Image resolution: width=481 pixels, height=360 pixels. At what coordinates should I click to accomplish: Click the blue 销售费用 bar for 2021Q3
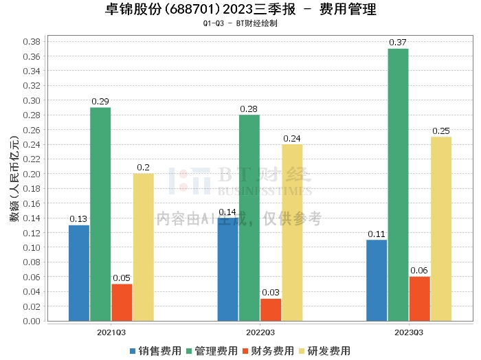click(x=79, y=273)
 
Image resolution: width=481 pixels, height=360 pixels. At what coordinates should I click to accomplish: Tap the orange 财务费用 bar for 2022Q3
click(x=270, y=309)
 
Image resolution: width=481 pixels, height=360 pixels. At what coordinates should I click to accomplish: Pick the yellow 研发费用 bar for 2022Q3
click(x=292, y=232)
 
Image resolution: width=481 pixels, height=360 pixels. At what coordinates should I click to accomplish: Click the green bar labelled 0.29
click(x=100, y=214)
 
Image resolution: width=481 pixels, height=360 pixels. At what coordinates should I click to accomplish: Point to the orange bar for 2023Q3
click(x=419, y=298)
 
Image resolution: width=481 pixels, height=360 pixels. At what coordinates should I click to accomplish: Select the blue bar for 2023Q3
click(x=377, y=280)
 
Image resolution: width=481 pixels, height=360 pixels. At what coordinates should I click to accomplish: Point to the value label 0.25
click(x=440, y=131)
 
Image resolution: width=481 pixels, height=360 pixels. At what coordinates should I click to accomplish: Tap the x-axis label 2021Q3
click(x=111, y=332)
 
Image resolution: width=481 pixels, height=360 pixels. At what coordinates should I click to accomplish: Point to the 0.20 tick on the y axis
click(x=30, y=174)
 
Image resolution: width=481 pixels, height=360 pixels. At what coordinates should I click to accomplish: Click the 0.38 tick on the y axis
click(x=30, y=41)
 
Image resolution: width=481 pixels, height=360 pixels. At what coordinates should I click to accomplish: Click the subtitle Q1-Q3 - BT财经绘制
click(x=240, y=23)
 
